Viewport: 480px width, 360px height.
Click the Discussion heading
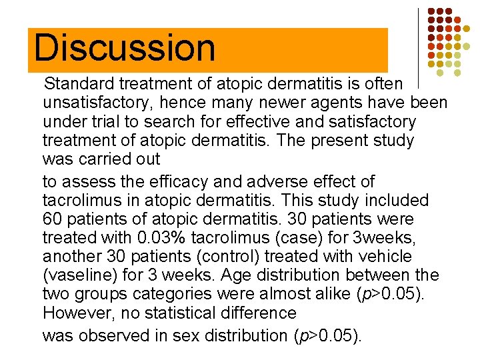point(125,48)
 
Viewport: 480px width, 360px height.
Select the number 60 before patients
point(52,219)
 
